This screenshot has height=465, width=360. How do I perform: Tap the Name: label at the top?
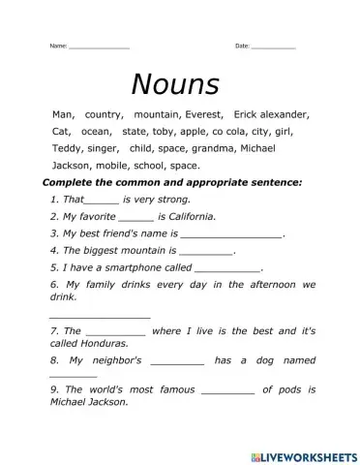coord(58,46)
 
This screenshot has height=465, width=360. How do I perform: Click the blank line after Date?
coord(274,47)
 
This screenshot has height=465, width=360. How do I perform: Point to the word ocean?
coord(96,131)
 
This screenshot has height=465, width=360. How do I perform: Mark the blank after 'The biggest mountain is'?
coord(207,252)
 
